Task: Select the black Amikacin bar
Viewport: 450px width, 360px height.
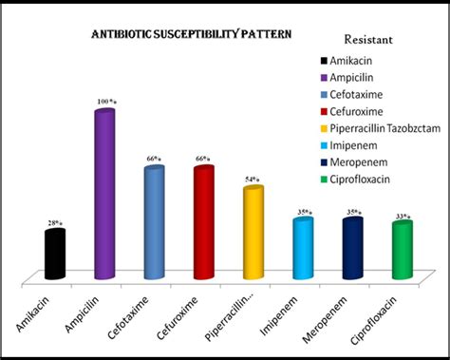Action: (x=55, y=255)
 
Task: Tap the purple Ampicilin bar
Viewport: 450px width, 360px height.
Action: (x=104, y=195)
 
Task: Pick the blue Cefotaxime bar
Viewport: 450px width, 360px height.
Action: (x=153, y=223)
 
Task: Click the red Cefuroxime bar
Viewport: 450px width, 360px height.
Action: (x=203, y=222)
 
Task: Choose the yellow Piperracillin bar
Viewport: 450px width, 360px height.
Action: (x=253, y=233)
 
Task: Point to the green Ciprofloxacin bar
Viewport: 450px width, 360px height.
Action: (x=402, y=249)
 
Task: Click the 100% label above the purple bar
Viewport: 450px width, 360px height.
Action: (x=104, y=101)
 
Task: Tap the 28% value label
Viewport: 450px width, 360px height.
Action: (x=56, y=224)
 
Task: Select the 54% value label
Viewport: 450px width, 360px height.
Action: (x=253, y=180)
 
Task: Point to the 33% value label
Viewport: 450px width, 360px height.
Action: (x=402, y=216)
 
